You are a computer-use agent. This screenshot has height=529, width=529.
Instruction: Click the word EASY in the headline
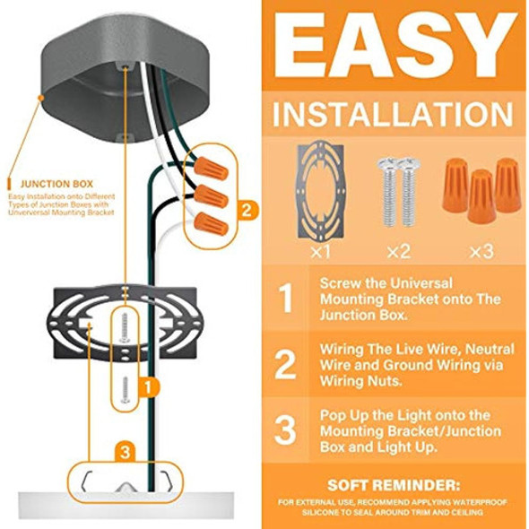tap(395, 45)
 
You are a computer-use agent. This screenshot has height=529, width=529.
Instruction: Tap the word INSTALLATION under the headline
tap(393, 114)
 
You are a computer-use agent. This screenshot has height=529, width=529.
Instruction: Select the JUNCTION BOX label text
tap(56, 184)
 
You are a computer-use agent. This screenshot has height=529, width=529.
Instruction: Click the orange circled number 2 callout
tap(247, 211)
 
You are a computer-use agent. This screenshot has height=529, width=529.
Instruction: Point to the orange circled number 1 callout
tap(148, 387)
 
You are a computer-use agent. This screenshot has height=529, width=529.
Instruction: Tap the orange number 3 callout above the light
tap(126, 452)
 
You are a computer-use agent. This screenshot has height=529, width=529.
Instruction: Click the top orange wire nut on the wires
tap(211, 168)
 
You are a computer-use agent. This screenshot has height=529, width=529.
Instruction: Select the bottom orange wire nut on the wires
tap(211, 223)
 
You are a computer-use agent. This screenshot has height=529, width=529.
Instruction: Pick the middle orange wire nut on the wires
tap(211, 196)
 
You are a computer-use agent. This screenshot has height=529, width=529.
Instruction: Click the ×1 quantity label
tap(320, 252)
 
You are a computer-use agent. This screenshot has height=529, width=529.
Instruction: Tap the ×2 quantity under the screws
tap(398, 252)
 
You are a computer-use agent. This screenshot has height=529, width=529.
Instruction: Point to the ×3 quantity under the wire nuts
tap(481, 252)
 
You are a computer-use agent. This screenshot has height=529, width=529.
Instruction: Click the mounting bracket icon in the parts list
tap(320, 190)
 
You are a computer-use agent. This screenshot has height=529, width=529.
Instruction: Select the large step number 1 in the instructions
tap(286, 298)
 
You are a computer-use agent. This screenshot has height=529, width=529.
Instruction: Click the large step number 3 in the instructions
tap(285, 429)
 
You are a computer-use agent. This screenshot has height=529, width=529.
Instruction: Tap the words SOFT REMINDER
tap(394, 485)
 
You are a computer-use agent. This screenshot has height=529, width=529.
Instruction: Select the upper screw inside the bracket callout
tap(125, 328)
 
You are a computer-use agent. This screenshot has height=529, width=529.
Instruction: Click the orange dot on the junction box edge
tap(41, 98)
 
